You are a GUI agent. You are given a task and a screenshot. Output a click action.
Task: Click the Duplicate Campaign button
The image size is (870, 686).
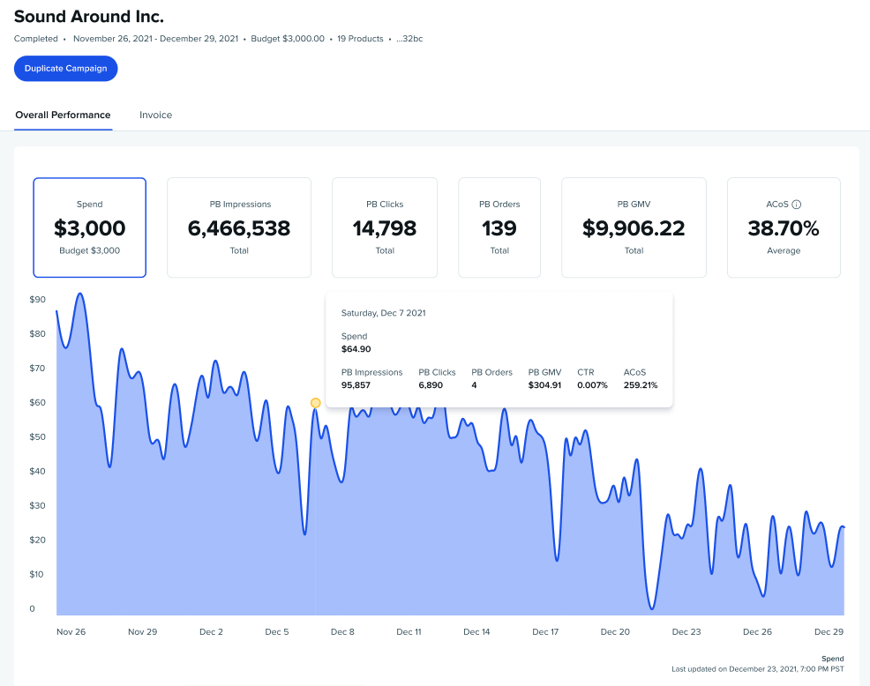[66, 69]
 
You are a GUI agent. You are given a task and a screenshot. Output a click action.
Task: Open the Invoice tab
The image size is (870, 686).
[155, 115]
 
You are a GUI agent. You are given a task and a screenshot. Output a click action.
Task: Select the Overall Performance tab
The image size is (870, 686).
[63, 115]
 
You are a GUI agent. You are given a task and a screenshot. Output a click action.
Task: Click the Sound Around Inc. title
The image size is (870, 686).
[89, 17]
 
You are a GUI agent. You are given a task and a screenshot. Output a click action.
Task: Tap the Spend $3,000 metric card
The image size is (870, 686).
[90, 227]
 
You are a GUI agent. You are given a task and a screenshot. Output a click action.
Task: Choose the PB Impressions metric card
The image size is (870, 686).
[239, 227]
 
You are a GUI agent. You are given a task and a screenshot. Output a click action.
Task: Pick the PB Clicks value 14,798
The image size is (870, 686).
[385, 229]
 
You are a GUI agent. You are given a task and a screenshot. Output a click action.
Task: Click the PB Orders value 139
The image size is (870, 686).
[499, 229]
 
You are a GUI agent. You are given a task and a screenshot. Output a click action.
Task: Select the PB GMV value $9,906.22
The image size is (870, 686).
[634, 229]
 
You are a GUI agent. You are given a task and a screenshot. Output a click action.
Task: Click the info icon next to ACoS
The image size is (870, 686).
[797, 205]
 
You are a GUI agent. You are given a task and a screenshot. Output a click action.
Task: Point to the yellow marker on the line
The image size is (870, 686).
[316, 403]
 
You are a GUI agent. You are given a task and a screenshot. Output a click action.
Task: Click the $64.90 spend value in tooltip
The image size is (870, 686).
[356, 349]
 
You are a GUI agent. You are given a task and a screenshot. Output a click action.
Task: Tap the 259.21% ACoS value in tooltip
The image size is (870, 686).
[641, 385]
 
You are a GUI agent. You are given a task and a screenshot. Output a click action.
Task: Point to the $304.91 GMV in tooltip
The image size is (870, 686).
[544, 385]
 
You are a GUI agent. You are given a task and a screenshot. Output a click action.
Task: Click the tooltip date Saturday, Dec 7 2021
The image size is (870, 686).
[384, 313]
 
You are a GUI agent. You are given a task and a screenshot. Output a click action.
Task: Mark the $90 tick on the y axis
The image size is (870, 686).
[37, 300]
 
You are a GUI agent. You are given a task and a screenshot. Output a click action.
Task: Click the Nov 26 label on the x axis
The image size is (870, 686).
[71, 631]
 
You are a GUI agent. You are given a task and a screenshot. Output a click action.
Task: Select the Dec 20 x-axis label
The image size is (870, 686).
[615, 631]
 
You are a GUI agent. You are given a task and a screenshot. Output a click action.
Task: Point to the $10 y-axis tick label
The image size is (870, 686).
[37, 574]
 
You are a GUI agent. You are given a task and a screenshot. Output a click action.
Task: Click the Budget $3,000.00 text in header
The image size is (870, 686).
[288, 39]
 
